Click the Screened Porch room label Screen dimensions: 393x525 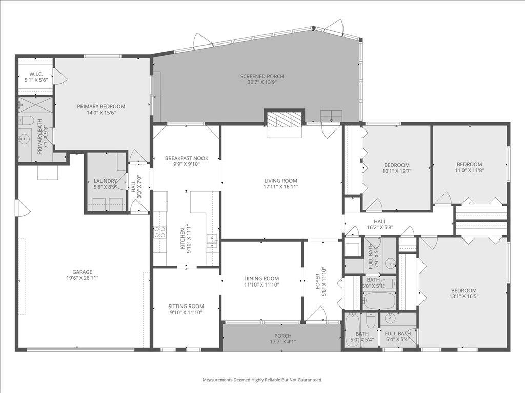click(x=261, y=77)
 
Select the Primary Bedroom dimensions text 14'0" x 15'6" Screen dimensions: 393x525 click(x=101, y=113)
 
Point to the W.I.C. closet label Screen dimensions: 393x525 click(x=36, y=74)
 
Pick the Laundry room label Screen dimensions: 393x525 click(x=106, y=181)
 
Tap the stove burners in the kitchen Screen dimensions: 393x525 click(x=159, y=233)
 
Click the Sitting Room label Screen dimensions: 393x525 click(x=186, y=306)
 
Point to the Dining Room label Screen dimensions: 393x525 click(x=261, y=278)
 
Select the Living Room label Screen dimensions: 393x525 click(x=280, y=181)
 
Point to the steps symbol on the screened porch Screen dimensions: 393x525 click(x=331, y=115)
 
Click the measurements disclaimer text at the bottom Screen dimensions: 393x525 click(x=262, y=380)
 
